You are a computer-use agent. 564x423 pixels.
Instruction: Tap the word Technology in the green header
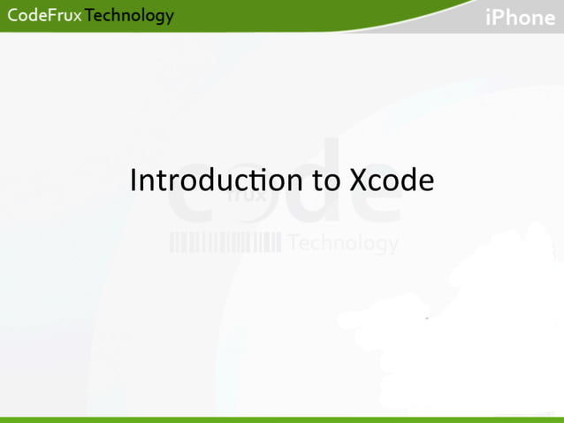pyautogui.click(x=129, y=16)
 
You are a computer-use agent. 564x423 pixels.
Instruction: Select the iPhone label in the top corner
pyautogui.click(x=520, y=18)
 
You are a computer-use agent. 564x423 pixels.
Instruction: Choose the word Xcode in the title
pyautogui.click(x=392, y=181)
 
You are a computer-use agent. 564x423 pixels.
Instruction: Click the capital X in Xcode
pyautogui.click(x=359, y=181)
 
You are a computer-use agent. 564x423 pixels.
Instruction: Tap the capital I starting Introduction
pyautogui.click(x=133, y=181)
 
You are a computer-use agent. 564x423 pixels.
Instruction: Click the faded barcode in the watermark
pyautogui.click(x=225, y=242)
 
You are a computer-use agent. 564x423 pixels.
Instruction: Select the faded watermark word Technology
pyautogui.click(x=343, y=242)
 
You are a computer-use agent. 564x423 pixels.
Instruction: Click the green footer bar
pyautogui.click(x=282, y=419)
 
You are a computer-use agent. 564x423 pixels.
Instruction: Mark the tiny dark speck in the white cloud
pyautogui.click(x=426, y=318)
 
